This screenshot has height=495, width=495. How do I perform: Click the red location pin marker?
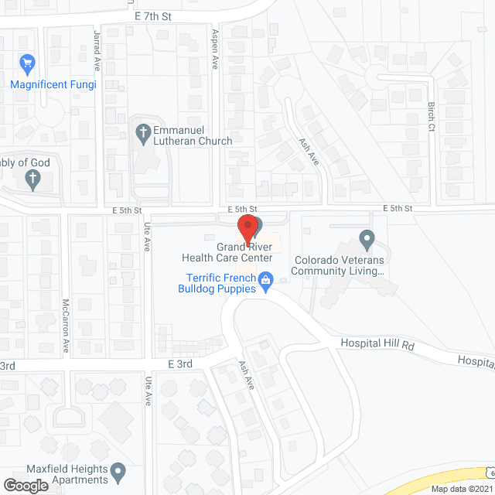coord(247,229)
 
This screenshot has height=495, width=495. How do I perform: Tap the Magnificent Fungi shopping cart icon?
coord(29,62)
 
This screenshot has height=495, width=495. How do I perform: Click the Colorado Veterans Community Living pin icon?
coord(367,237)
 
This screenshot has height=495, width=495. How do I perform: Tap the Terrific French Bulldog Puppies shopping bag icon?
coord(265,278)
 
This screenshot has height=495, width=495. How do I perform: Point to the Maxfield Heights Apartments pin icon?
coord(118,469)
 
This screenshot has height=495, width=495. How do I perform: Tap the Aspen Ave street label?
coord(216,46)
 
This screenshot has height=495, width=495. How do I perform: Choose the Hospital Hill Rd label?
coord(378,344)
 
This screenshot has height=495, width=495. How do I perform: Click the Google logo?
coord(26,485)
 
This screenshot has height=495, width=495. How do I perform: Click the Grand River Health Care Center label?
coord(227,253)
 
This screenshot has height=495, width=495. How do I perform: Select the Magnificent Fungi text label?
coord(53,84)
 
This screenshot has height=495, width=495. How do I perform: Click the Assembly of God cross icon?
coord(32,179)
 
